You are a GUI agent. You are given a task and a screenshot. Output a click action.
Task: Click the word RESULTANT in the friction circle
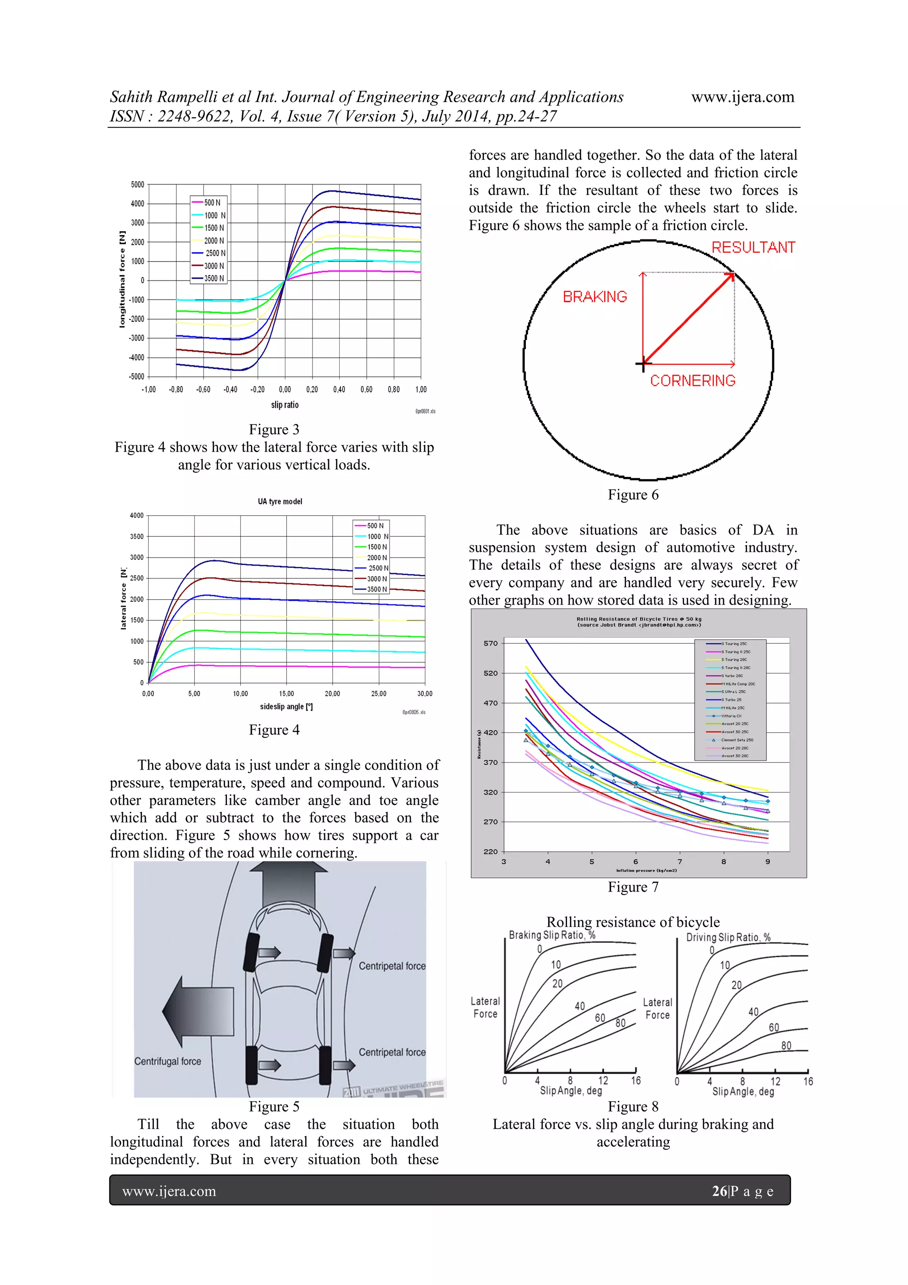point(753,248)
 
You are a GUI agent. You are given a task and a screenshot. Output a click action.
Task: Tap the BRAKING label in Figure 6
point(594,297)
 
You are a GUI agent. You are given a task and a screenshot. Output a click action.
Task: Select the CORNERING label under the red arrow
point(692,381)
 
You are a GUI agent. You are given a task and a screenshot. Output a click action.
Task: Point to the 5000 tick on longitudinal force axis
point(137,185)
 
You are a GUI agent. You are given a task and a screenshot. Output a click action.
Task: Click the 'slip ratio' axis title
point(285,405)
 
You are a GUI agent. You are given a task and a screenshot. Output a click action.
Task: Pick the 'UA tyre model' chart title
point(280,502)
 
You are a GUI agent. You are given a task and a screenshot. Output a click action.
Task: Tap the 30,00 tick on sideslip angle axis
point(425,693)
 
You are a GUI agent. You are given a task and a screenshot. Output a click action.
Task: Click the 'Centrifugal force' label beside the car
point(167,1061)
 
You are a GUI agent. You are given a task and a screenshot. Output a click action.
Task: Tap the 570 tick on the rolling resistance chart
point(490,643)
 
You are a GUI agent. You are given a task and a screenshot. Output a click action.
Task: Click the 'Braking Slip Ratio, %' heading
point(552,935)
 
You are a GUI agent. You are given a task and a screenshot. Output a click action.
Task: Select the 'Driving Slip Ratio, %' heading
point(728,937)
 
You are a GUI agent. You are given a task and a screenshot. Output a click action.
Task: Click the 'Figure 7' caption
point(633,887)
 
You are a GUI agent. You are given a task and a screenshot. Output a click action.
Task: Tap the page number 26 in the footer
point(719,1191)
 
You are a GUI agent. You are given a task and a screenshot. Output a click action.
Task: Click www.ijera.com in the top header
point(742,97)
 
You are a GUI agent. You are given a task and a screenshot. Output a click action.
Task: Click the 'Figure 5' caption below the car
point(274,1106)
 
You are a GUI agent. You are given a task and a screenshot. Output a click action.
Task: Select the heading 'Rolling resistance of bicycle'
point(633,922)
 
